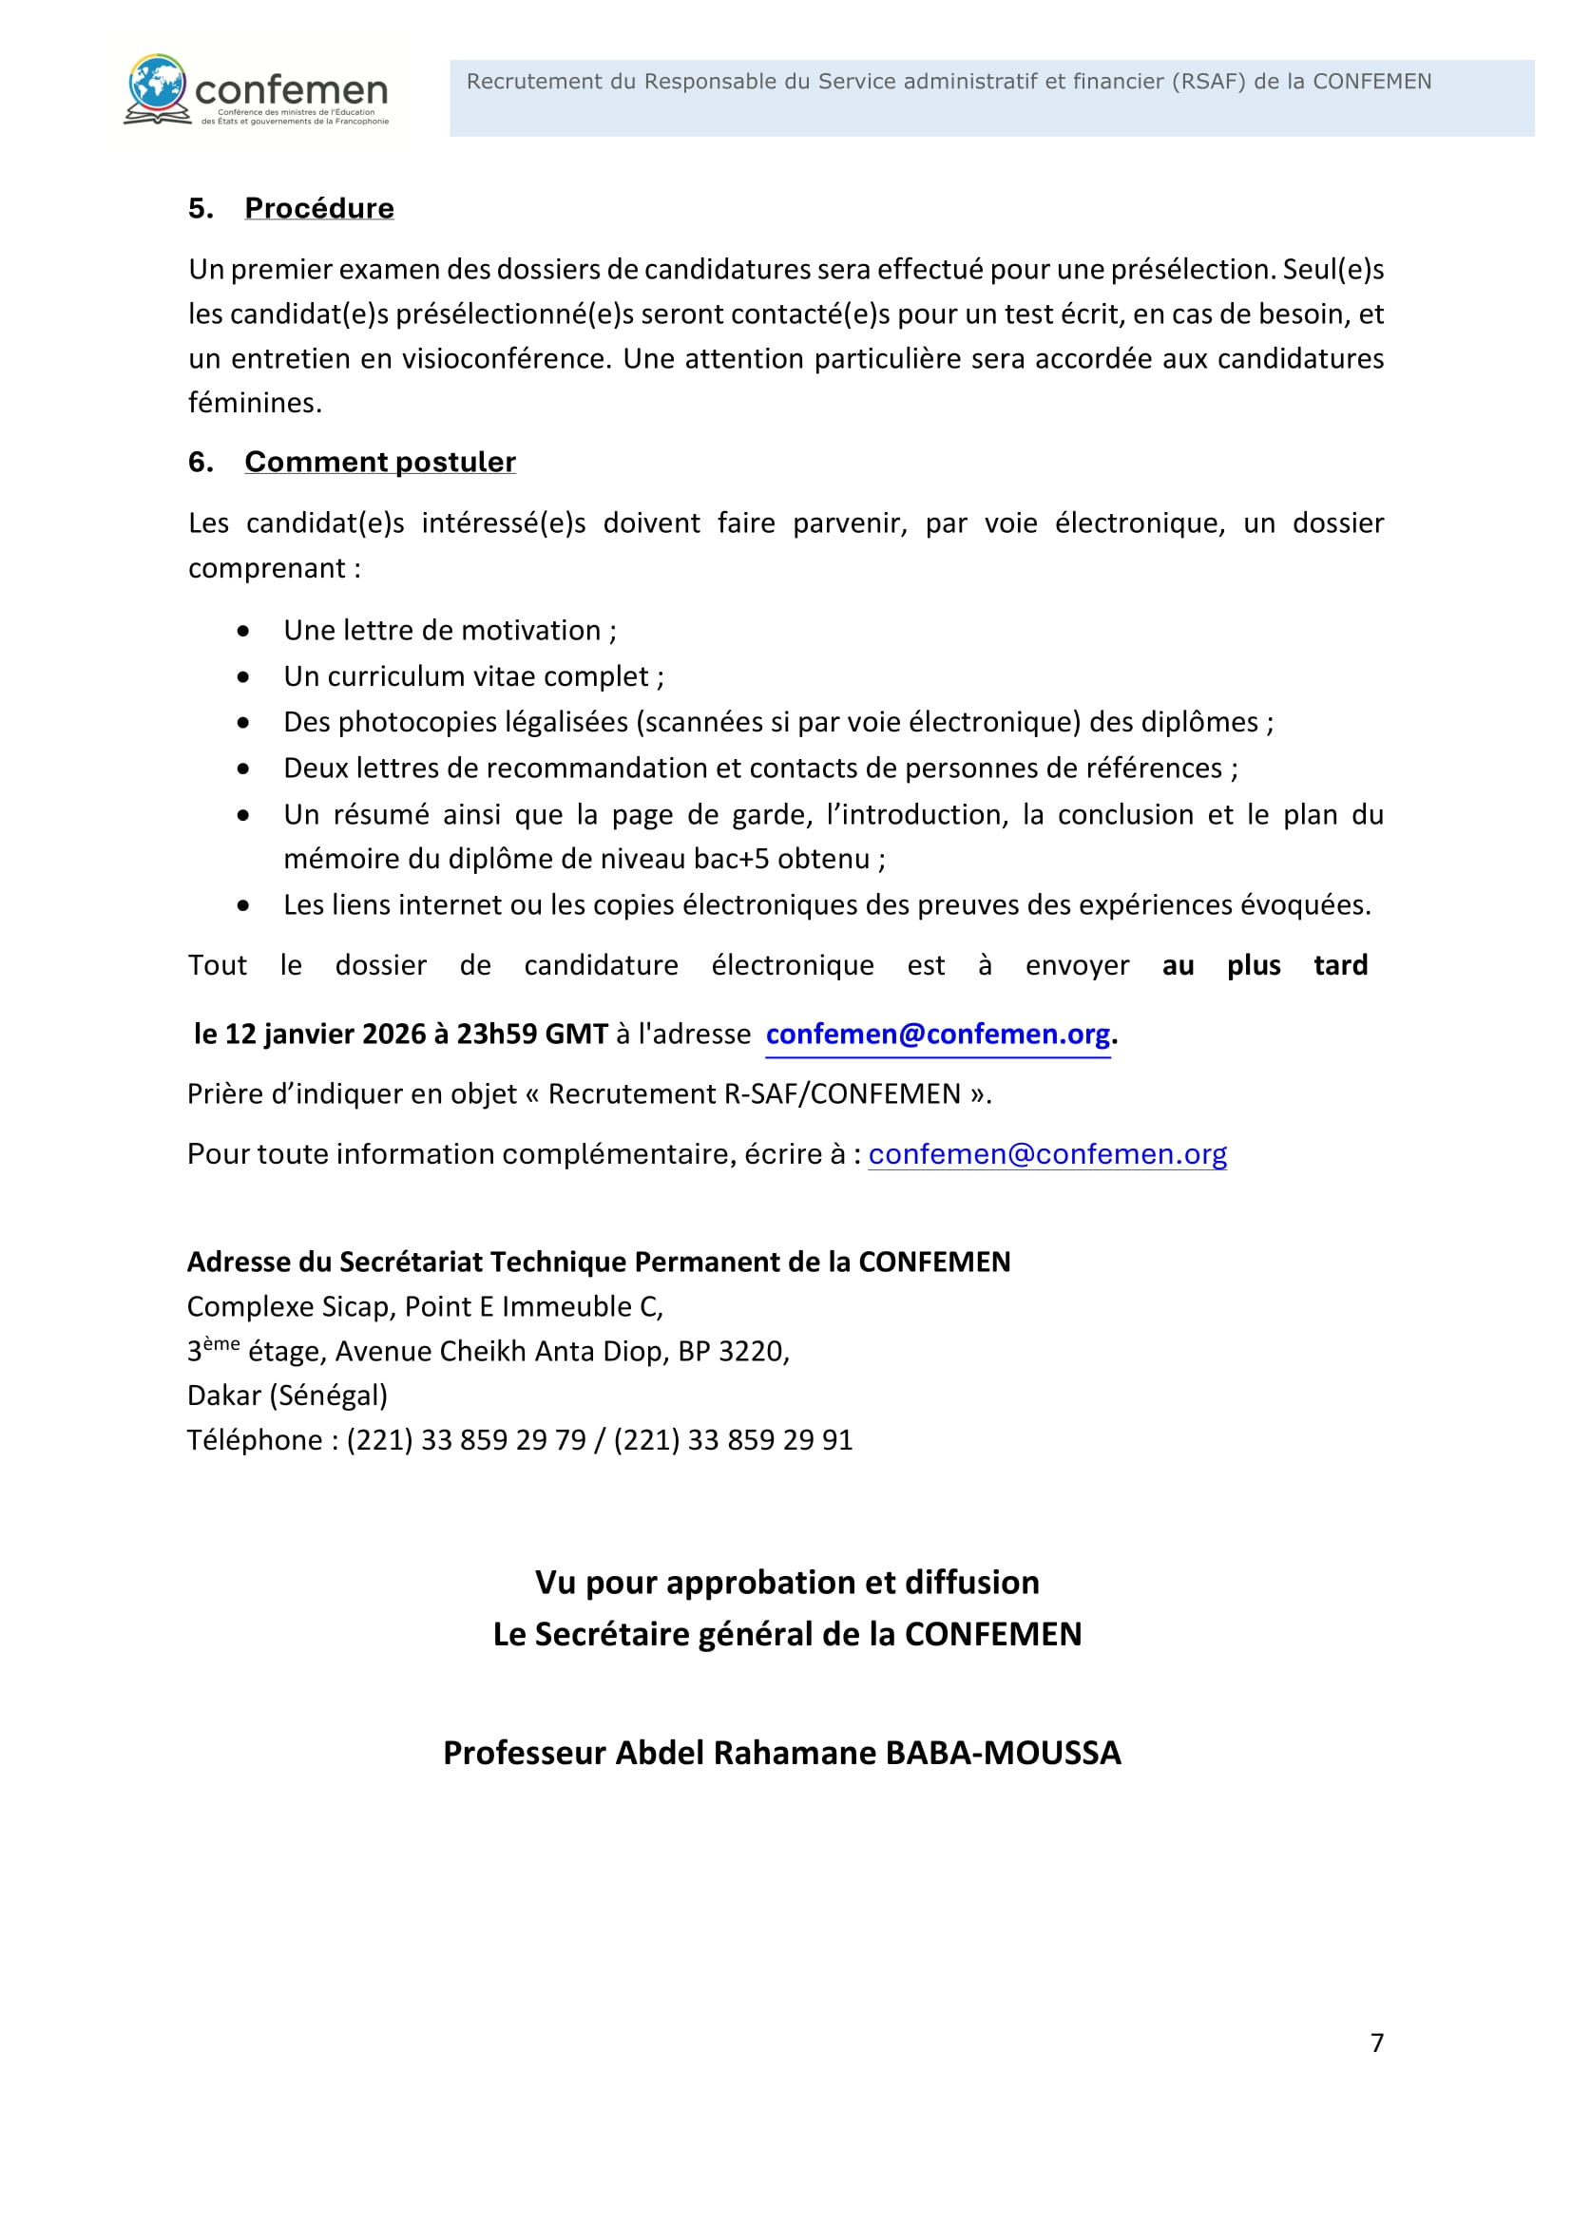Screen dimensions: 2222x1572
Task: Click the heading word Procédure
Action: (318, 208)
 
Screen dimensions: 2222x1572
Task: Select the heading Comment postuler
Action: (379, 462)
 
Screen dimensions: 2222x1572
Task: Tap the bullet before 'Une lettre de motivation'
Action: (243, 631)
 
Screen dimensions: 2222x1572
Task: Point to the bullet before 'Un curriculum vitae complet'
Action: (243, 676)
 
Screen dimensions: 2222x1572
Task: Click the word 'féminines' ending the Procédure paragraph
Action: (254, 403)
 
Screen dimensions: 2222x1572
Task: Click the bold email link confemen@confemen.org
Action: (937, 1035)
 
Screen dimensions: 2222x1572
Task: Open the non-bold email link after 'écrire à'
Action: (1047, 1153)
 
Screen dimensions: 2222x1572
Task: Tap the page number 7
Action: (1376, 2043)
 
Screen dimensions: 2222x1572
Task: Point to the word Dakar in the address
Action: (223, 1396)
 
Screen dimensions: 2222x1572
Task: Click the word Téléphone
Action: (254, 1440)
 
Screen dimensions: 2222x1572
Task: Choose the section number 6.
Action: (200, 462)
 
